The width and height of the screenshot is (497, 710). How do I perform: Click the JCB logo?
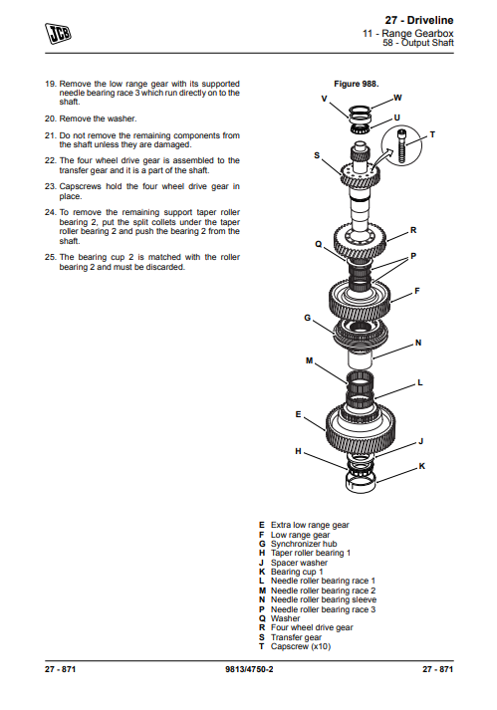click(58, 33)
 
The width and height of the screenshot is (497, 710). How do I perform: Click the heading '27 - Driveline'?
click(419, 20)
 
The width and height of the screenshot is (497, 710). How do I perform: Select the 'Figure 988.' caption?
click(357, 84)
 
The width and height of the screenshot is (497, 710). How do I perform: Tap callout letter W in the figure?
click(397, 98)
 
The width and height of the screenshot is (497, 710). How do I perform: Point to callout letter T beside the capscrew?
click(432, 134)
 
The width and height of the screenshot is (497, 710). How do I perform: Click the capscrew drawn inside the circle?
click(401, 145)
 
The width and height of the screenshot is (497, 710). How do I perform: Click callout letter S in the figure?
click(317, 155)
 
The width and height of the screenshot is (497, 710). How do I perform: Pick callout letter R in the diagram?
click(413, 230)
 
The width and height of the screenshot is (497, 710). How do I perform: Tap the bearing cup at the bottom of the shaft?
click(361, 482)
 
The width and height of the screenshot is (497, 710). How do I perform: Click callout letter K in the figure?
click(421, 466)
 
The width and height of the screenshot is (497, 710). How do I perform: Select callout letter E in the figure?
click(298, 414)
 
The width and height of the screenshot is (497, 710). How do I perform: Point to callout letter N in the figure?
click(418, 343)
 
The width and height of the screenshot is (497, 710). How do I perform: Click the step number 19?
click(50, 84)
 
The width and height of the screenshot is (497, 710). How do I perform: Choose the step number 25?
click(50, 257)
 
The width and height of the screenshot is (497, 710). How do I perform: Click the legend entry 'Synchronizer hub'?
click(304, 544)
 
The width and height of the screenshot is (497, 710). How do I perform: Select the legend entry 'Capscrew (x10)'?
click(301, 646)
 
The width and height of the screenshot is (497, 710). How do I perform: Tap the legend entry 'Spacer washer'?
click(299, 563)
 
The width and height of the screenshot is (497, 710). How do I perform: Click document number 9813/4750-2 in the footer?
click(249, 669)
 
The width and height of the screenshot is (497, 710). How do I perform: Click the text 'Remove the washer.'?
click(98, 118)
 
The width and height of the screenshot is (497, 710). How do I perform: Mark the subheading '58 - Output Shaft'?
click(418, 43)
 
